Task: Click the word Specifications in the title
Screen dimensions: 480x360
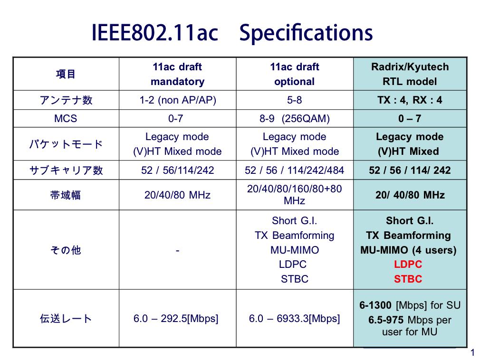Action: [306, 33]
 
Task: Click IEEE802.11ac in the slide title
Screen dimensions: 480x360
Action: [155, 32]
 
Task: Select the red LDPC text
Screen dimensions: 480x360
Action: [408, 264]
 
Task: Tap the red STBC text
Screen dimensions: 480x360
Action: [408, 279]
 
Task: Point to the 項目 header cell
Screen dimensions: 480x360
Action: [66, 74]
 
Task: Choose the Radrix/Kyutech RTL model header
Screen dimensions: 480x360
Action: [410, 74]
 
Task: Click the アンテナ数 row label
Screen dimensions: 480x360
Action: [66, 100]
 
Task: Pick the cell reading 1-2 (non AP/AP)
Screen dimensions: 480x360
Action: [178, 100]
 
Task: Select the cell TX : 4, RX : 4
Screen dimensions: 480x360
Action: [410, 100]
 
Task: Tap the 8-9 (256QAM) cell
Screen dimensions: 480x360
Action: [295, 118]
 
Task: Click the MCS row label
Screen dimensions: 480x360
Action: [66, 118]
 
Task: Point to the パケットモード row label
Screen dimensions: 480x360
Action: [66, 144]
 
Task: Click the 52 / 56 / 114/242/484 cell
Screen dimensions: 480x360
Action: [295, 170]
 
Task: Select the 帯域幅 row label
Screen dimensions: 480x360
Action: [66, 195]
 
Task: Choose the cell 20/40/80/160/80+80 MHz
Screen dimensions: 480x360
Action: [295, 195]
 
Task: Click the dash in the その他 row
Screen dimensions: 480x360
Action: [178, 251]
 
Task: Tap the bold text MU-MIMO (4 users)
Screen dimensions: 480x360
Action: [408, 250]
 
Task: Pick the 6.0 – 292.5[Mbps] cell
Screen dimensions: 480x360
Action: [176, 318]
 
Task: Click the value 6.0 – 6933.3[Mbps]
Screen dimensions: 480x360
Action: [295, 318]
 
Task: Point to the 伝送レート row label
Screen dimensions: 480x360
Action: [66, 318]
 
